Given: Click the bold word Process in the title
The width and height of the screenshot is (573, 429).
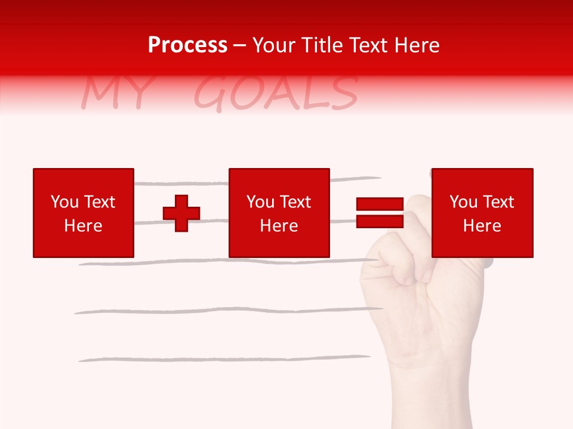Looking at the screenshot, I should pos(187,45).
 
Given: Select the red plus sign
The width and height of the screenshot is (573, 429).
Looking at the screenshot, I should pos(181,213).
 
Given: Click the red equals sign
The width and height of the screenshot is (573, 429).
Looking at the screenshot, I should pos(380,213).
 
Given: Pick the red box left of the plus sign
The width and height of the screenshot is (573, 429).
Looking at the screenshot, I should pos(84,213).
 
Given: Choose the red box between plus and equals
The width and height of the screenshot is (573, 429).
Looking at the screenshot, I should pos(279,213).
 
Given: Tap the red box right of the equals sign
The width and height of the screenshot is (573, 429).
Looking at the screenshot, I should pos(482,213).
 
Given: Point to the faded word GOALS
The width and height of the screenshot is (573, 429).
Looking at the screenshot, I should pos(276,94).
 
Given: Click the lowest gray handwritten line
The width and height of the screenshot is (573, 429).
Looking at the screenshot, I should pos(224,359).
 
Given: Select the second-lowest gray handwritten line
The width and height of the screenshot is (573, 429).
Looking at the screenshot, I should pos(227,310).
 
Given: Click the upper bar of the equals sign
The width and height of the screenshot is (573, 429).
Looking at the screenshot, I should pos(380,204).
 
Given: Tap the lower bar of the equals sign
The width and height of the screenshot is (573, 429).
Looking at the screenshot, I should pos(380,221).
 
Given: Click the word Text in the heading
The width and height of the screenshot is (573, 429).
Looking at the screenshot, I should pos(369,45).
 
